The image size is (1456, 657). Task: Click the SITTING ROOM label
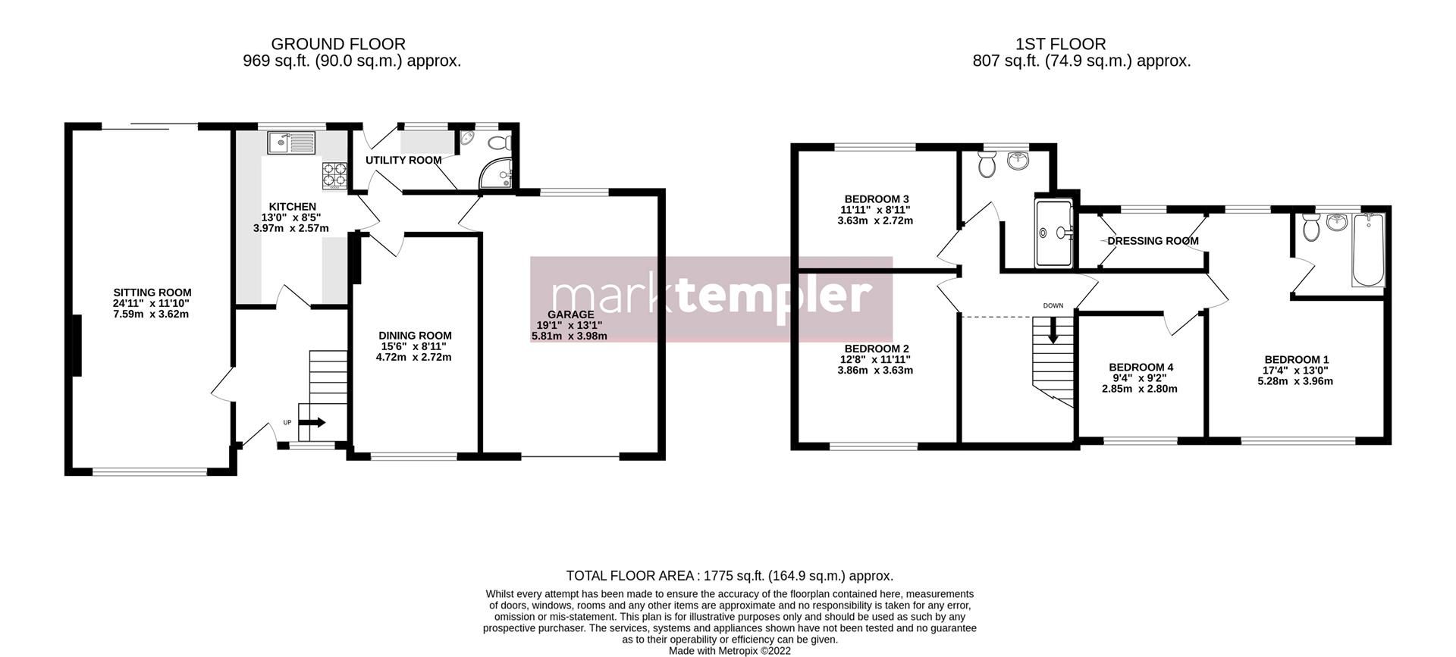click(x=152, y=293)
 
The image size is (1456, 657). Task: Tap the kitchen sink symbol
click(x=291, y=142)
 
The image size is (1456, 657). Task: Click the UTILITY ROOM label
click(x=403, y=161)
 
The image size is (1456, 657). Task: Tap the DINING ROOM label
click(x=415, y=336)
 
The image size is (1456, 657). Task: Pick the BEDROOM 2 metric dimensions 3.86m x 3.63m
click(x=874, y=371)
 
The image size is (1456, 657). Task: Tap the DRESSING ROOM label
click(x=1153, y=241)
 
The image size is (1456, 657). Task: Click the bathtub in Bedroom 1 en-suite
click(x=1368, y=250)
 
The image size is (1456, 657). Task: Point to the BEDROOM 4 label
click(x=1141, y=368)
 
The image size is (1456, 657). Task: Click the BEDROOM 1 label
click(x=1296, y=360)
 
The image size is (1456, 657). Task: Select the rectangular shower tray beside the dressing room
click(x=1054, y=233)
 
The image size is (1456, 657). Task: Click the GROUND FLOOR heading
click(x=338, y=44)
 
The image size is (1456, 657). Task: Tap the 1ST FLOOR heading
click(x=1060, y=44)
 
